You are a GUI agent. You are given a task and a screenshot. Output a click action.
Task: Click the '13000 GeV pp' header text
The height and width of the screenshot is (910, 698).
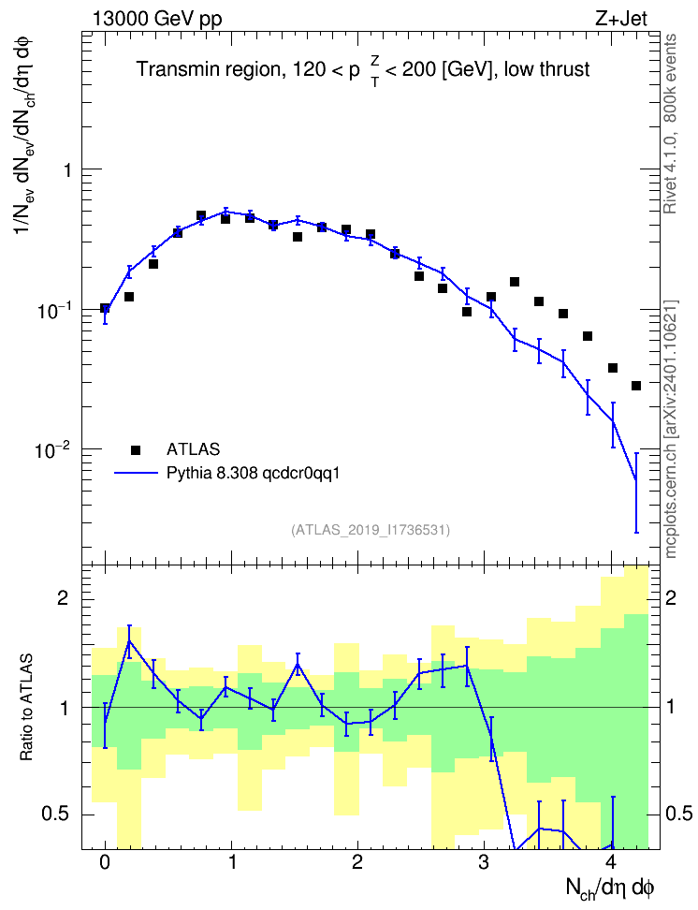coord(157,19)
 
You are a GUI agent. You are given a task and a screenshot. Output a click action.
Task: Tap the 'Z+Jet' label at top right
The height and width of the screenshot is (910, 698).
coord(621,19)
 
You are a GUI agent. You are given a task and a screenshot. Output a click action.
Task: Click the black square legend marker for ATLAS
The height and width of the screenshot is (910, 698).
coord(136,449)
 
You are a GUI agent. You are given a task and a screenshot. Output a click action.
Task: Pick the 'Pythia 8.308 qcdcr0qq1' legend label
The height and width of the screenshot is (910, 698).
coord(253,473)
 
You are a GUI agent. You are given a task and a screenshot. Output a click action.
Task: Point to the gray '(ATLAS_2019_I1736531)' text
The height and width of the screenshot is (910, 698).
coord(371,529)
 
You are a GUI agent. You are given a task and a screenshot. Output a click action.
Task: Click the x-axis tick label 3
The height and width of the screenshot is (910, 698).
coord(484,862)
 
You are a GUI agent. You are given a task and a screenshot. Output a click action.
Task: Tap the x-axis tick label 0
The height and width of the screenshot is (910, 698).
coord(105,862)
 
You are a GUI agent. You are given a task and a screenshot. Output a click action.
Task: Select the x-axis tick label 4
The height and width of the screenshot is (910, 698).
coord(610,862)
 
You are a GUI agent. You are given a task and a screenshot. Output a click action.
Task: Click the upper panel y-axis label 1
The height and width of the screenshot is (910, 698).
coord(68,170)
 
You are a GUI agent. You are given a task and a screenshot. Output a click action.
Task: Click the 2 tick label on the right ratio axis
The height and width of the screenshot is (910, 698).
coord(671,597)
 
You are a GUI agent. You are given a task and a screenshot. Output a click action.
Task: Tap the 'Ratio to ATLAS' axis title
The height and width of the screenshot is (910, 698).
coord(27,707)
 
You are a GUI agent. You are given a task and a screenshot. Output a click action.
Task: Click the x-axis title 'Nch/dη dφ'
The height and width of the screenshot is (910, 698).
coord(610,888)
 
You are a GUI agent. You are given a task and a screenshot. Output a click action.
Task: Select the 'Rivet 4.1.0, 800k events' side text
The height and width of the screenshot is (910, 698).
coord(670,124)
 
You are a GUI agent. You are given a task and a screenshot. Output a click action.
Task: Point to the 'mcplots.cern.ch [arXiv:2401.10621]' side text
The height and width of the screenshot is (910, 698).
coord(671,429)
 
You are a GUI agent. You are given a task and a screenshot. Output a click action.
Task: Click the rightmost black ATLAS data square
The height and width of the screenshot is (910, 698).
coord(636,386)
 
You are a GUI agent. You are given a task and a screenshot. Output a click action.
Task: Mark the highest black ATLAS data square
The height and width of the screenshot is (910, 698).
coord(201,216)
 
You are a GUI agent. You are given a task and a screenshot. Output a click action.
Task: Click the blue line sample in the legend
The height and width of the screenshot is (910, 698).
coord(136,473)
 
